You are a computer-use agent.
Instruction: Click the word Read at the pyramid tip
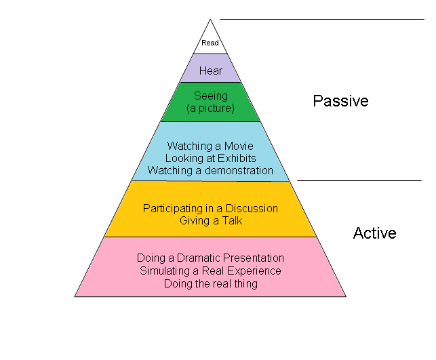coord(210,43)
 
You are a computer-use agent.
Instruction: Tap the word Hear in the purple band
coord(211,71)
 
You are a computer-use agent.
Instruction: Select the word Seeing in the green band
coord(211,96)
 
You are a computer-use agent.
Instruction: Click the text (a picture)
coord(210,108)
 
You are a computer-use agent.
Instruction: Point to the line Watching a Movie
coord(210,146)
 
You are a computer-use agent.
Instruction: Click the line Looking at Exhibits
coord(210,158)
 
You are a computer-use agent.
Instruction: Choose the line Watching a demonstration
coord(210,170)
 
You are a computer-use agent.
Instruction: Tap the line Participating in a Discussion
coord(210,208)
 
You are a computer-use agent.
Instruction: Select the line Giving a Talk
coord(211,220)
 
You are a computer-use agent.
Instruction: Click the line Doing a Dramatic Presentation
coord(210,258)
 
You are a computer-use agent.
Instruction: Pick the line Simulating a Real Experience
coord(210,271)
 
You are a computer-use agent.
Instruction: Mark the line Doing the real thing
coord(210,283)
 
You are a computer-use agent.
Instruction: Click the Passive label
coord(340,101)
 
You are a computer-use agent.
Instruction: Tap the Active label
coord(374,233)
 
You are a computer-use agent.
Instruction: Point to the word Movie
coord(238,146)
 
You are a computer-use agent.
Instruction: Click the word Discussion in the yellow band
coord(254,208)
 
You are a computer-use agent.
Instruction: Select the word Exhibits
coord(236,158)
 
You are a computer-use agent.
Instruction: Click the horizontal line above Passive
coord(322,20)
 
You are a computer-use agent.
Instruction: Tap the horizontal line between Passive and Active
coord(359,181)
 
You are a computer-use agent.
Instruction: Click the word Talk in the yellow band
coord(231,220)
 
